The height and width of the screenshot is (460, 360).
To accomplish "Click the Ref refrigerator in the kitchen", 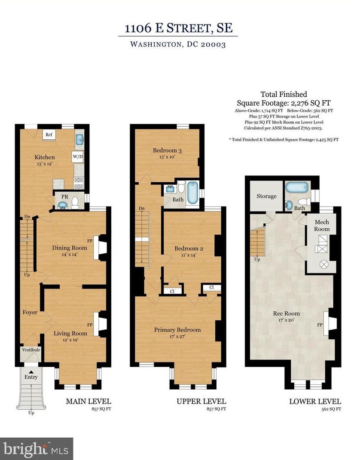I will click(49, 135).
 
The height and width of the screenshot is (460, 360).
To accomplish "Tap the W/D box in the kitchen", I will click(78, 157).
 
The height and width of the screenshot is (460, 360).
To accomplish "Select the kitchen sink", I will click(79, 139).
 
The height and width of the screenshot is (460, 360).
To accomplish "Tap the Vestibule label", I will click(31, 350).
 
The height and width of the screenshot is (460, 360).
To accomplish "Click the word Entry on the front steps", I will click(31, 377).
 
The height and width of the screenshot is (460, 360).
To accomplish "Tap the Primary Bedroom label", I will click(177, 330).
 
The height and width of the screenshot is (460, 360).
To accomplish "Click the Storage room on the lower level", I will click(266, 196).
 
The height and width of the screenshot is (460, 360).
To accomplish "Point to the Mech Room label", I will click(322, 226).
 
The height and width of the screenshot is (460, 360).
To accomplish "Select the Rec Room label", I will click(287, 313).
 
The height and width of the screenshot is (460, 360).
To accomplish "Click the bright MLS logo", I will click(37, 448).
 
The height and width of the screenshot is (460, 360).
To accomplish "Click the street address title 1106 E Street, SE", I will click(178, 28).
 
